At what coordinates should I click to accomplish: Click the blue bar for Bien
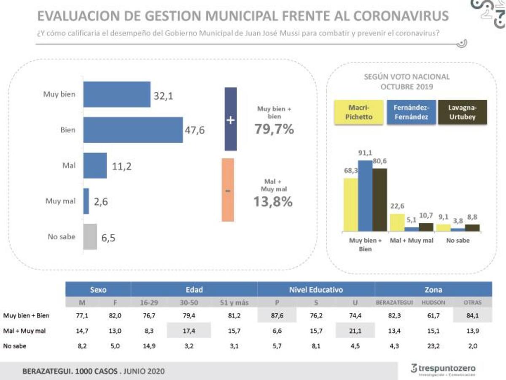pyautogui.click(x=133, y=130)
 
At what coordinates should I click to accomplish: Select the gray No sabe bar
pyautogui.click(x=90, y=236)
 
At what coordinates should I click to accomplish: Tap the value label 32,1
pyautogui.click(x=163, y=96)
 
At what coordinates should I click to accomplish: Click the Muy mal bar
pyautogui.click(x=86, y=201)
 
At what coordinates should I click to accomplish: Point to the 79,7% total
pyautogui.click(x=274, y=129)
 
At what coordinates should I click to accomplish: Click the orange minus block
pyautogui.click(x=228, y=190)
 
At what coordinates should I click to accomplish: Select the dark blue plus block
pyautogui.click(x=230, y=119)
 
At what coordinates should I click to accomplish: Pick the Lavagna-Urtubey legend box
pyautogui.click(x=463, y=112)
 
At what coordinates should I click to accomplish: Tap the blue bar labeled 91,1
pyautogui.click(x=365, y=195)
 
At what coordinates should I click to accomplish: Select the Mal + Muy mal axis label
pyautogui.click(x=412, y=240)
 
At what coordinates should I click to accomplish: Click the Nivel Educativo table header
pyautogui.click(x=316, y=290)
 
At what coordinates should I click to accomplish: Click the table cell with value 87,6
pyautogui.click(x=277, y=315)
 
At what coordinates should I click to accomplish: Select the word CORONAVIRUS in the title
pyautogui.click(x=401, y=16)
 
